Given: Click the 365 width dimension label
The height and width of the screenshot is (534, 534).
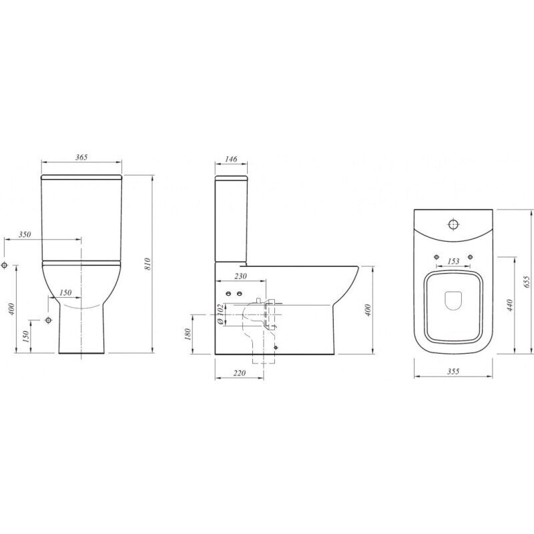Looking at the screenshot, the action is (x=81, y=157).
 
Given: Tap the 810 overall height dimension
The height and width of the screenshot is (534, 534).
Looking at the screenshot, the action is (x=148, y=264).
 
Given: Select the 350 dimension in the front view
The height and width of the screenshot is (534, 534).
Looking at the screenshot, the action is (x=25, y=234).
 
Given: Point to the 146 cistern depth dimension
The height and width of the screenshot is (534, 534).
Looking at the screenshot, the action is (x=231, y=159).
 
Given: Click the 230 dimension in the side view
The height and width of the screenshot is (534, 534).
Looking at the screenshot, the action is (x=240, y=276).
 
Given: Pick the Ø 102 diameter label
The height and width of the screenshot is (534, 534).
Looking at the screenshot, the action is (x=220, y=314).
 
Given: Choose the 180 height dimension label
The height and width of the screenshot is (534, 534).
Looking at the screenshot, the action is (x=188, y=334).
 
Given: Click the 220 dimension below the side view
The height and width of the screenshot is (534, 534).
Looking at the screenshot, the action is (x=240, y=373).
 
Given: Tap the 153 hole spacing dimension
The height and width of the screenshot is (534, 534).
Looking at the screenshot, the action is (x=453, y=261).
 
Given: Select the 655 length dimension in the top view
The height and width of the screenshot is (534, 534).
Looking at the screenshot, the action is (x=527, y=282).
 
